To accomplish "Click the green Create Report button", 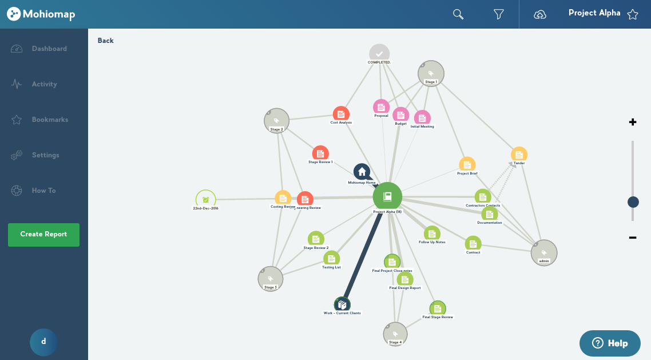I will [x=43, y=235].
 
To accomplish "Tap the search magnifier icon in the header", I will [x=458, y=14].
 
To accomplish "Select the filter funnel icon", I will [x=498, y=14].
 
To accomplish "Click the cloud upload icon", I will [x=540, y=14].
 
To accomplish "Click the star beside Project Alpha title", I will [x=632, y=14].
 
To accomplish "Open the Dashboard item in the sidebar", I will [x=49, y=49].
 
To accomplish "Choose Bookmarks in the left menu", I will [x=50, y=120].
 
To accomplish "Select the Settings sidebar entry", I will [x=45, y=155].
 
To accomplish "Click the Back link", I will [x=106, y=41].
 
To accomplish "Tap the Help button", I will [x=610, y=343].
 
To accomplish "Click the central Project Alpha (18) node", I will [x=387, y=197].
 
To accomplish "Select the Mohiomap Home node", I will [x=362, y=172].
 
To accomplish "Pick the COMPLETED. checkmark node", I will [x=379, y=53].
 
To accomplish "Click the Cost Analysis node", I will [x=341, y=114].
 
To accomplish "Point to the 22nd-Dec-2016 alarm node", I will [x=205, y=199].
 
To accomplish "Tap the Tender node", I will [x=519, y=154].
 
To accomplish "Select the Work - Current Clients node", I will [x=342, y=304].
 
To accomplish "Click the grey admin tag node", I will [x=543, y=252].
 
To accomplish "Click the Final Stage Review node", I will [x=438, y=308].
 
